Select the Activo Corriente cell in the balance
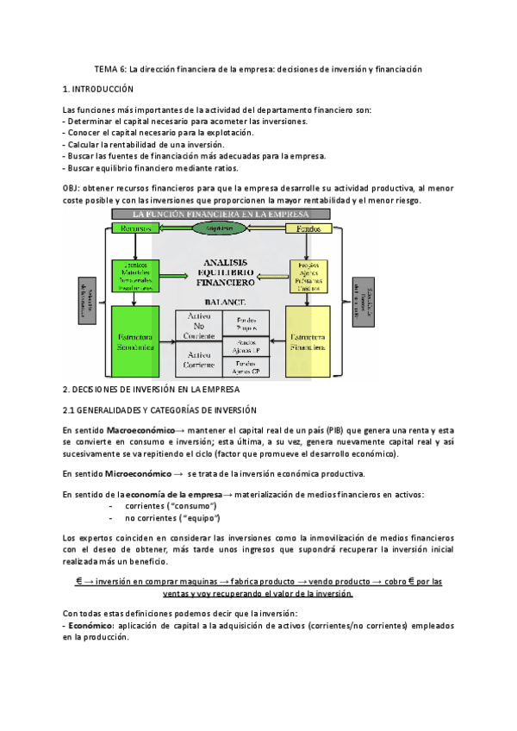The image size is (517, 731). [199, 362]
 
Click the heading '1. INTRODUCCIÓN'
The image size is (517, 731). [99, 89]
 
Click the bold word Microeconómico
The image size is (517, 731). [137, 473]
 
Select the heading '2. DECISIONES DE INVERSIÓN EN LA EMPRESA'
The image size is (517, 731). [152, 390]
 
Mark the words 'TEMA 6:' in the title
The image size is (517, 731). [110, 70]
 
